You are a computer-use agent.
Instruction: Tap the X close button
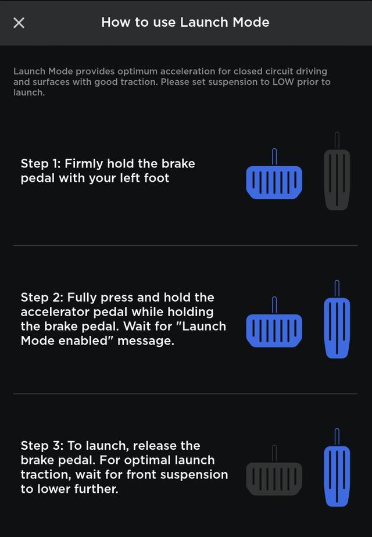(19, 23)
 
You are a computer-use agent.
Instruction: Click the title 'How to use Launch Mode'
(185, 22)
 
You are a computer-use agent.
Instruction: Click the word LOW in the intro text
(283, 82)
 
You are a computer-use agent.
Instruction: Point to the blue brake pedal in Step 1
(274, 174)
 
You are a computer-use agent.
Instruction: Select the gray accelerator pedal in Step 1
(337, 171)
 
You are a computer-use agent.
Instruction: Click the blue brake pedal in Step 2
(274, 323)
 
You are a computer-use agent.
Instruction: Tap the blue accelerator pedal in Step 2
(337, 320)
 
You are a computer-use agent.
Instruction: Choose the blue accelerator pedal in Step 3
(337, 468)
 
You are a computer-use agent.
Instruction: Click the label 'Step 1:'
(41, 164)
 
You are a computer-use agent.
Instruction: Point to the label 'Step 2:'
(42, 298)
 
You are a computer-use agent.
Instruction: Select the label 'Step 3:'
(42, 446)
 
